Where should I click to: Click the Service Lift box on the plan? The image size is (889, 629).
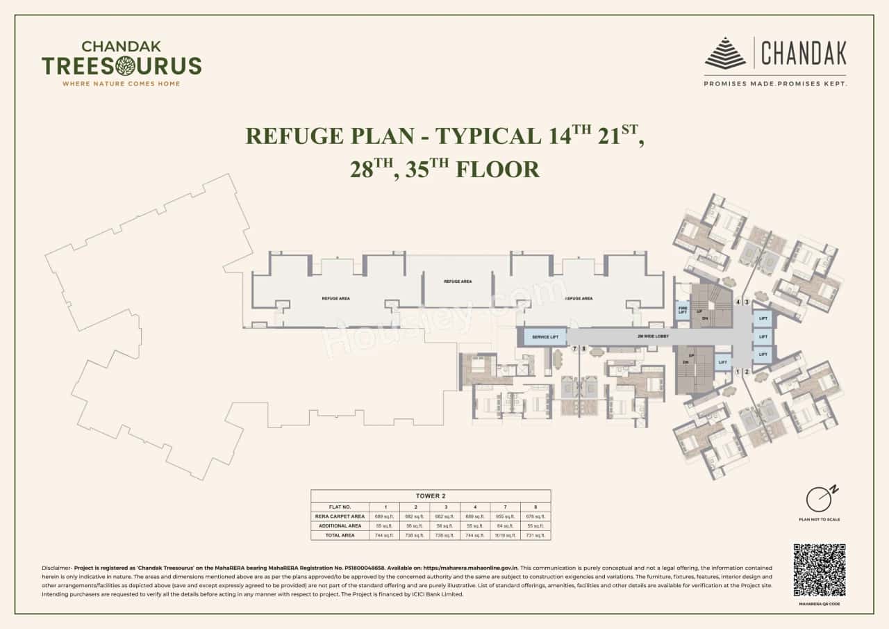click(x=545, y=337)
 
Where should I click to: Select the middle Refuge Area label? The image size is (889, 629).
click(x=458, y=281)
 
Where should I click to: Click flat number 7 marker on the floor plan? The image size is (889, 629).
click(x=574, y=349)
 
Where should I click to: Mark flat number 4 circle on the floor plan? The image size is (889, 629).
click(x=738, y=302)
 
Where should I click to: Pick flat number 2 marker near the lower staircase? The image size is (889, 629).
click(x=747, y=372)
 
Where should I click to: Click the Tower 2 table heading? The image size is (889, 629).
click(x=431, y=496)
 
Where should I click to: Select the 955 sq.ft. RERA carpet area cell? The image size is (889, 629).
click(x=504, y=516)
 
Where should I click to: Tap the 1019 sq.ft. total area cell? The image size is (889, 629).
click(x=504, y=535)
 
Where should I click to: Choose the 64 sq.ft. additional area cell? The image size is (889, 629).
click(x=504, y=526)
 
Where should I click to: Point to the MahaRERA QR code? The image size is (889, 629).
click(x=819, y=570)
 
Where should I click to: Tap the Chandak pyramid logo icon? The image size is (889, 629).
click(x=725, y=53)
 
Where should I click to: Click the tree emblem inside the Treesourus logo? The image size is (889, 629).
click(x=126, y=66)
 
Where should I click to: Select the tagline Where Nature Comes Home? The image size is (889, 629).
click(x=122, y=83)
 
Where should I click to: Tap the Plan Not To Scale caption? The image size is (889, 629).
click(x=820, y=519)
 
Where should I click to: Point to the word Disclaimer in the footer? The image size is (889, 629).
click(x=56, y=568)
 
